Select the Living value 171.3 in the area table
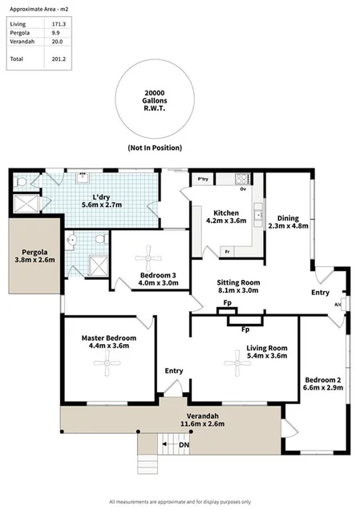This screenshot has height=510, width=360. pos(59,25)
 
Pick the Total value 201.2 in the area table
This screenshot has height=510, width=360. pos(59,59)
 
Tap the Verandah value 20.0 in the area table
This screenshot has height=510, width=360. pos(59,44)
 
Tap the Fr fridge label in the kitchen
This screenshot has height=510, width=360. pos(228,252)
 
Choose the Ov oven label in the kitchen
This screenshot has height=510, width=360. pos(243,189)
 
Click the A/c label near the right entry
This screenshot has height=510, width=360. pos(338,305)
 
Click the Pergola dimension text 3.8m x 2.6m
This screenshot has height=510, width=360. pos(33,259)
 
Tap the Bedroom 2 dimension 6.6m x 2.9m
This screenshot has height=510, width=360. pos(322,387)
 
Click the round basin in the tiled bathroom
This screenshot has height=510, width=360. pos(73,238)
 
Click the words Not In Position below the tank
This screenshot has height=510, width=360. pos(154,148)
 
